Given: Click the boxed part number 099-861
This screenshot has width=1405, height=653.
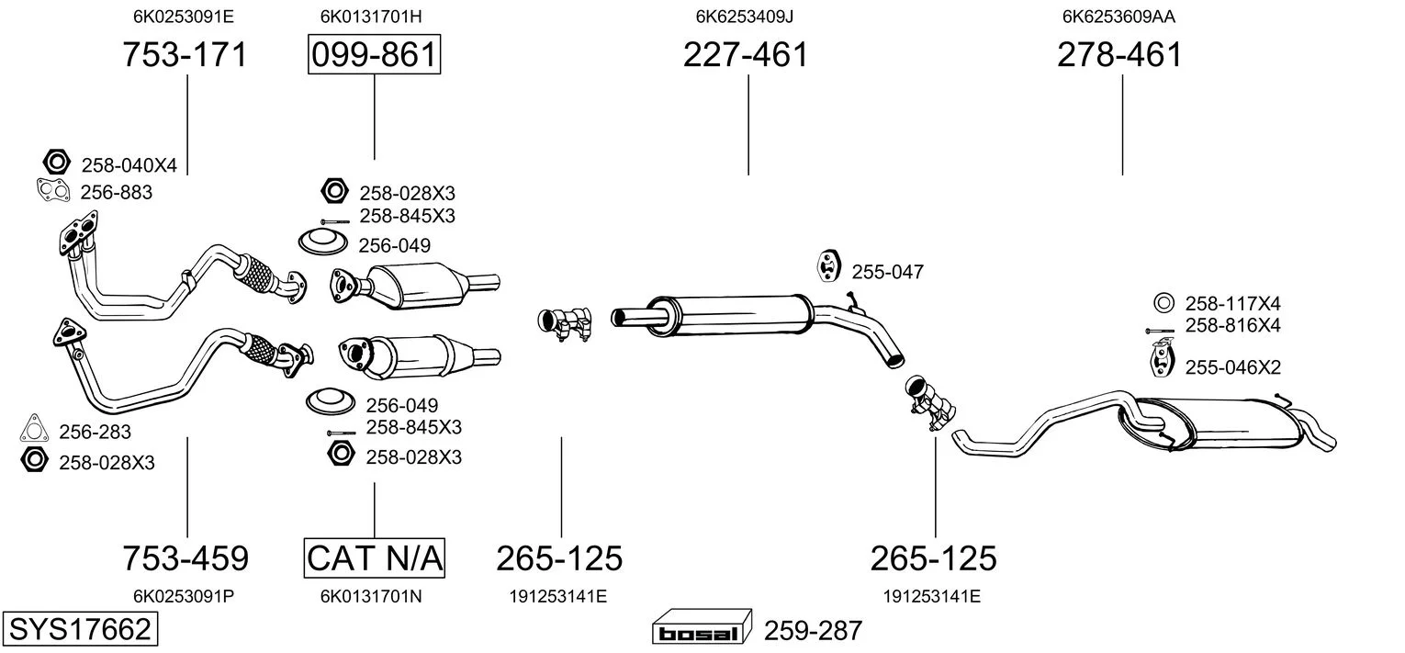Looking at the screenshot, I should pyautogui.click(x=374, y=55).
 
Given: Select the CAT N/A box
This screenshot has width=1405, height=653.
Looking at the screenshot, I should pyautogui.click(x=374, y=557).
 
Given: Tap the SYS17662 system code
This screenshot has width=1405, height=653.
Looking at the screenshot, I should pyautogui.click(x=79, y=630).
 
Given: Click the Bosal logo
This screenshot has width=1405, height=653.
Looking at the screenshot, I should pyautogui.click(x=701, y=631).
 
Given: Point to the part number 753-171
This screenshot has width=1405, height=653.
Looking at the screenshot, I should pyautogui.click(x=185, y=55).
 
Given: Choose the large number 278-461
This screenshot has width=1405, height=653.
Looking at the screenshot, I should pyautogui.click(x=1119, y=55).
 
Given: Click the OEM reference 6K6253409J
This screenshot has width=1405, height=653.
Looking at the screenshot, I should pyautogui.click(x=745, y=16).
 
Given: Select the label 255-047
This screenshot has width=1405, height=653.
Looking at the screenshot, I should pyautogui.click(x=887, y=272).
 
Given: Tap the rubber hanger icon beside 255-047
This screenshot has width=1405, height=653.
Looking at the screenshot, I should pyautogui.click(x=829, y=265).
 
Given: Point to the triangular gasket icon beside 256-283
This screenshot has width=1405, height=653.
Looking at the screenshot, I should pyautogui.click(x=34, y=429).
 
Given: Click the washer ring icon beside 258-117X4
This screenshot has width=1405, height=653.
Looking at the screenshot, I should pyautogui.click(x=1162, y=302).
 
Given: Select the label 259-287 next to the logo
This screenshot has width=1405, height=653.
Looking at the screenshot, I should pyautogui.click(x=813, y=631).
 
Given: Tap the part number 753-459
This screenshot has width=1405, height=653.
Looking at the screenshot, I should pyautogui.click(x=185, y=557).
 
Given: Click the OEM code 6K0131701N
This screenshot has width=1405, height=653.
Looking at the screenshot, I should pyautogui.click(x=371, y=596).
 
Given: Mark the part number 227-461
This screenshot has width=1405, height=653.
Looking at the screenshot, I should pyautogui.click(x=746, y=55).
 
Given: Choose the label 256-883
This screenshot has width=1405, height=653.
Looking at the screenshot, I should pyautogui.click(x=117, y=193).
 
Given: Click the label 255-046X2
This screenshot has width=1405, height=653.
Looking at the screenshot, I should pyautogui.click(x=1232, y=367).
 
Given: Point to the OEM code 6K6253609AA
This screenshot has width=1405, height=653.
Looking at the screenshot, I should pyautogui.click(x=1119, y=16).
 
